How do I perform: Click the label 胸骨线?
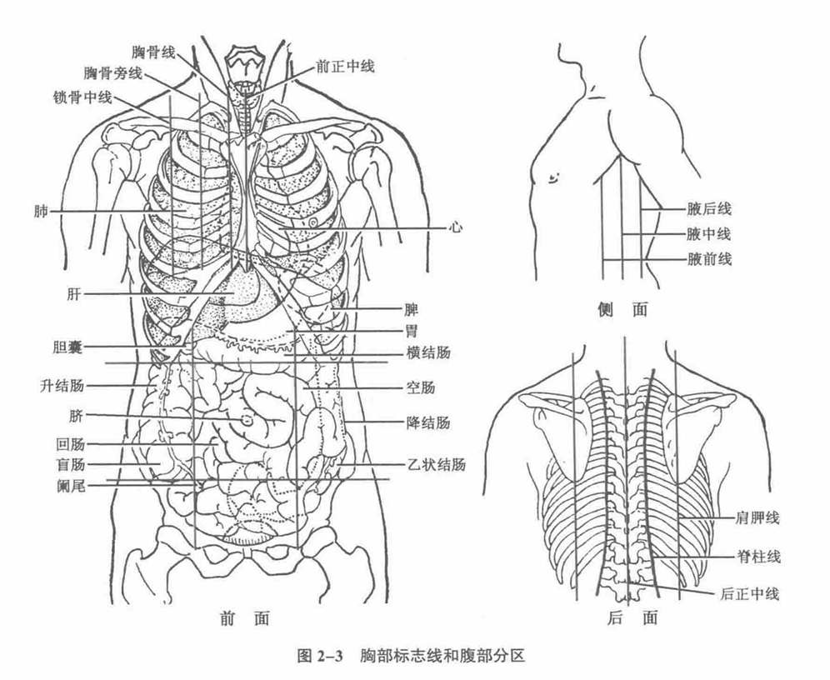point(153,52)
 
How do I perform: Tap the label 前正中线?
point(345,67)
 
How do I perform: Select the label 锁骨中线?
point(82,97)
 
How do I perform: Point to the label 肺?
point(41,212)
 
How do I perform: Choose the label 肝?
point(73,293)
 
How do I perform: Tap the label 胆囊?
point(67,347)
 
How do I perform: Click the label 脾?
point(412,309)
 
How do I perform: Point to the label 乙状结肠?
point(437,465)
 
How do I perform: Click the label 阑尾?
point(70,485)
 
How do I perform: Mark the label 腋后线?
point(709,209)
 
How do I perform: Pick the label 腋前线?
point(709,259)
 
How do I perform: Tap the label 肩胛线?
point(757,517)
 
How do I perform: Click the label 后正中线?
point(749,593)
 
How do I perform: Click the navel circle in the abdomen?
point(247,421)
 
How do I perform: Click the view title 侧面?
point(622,309)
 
